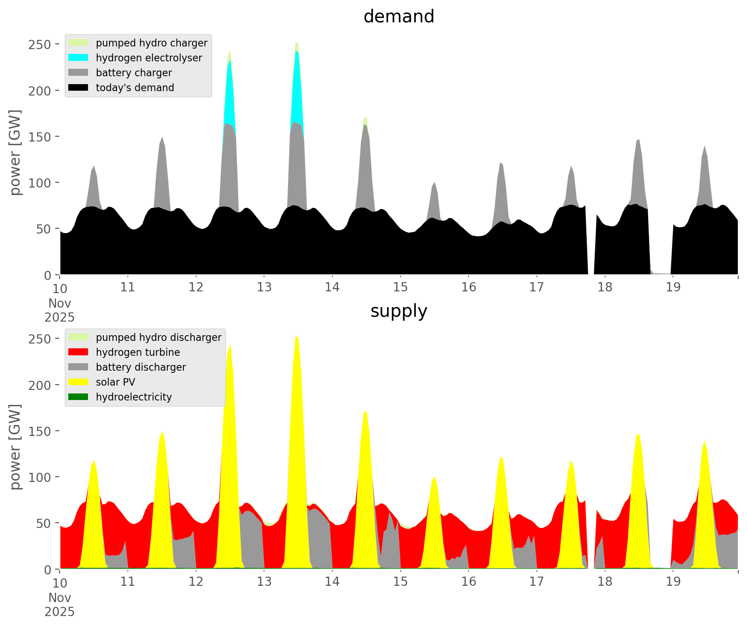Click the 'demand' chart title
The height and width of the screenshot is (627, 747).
(x=398, y=17)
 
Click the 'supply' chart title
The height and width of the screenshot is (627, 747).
(x=398, y=311)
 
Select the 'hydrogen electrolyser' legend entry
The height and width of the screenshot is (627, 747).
(x=148, y=58)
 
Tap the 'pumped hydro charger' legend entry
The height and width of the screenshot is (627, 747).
(x=151, y=43)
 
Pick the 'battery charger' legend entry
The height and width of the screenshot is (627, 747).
(x=134, y=73)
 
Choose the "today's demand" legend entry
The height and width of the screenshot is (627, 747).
(x=134, y=88)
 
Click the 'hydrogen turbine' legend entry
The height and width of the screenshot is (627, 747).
(x=137, y=352)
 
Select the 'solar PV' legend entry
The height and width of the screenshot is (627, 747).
(x=115, y=382)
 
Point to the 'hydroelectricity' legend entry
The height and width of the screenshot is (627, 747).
(x=134, y=397)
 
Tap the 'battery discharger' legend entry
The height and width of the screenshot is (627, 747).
(x=141, y=367)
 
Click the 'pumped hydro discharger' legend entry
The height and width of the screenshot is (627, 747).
(x=158, y=337)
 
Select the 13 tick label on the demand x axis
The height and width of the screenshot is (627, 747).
(x=264, y=287)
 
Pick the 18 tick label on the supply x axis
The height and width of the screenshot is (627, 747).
(x=605, y=582)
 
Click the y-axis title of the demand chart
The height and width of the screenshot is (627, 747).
(x=15, y=152)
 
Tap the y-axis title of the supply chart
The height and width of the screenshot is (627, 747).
(x=15, y=447)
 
